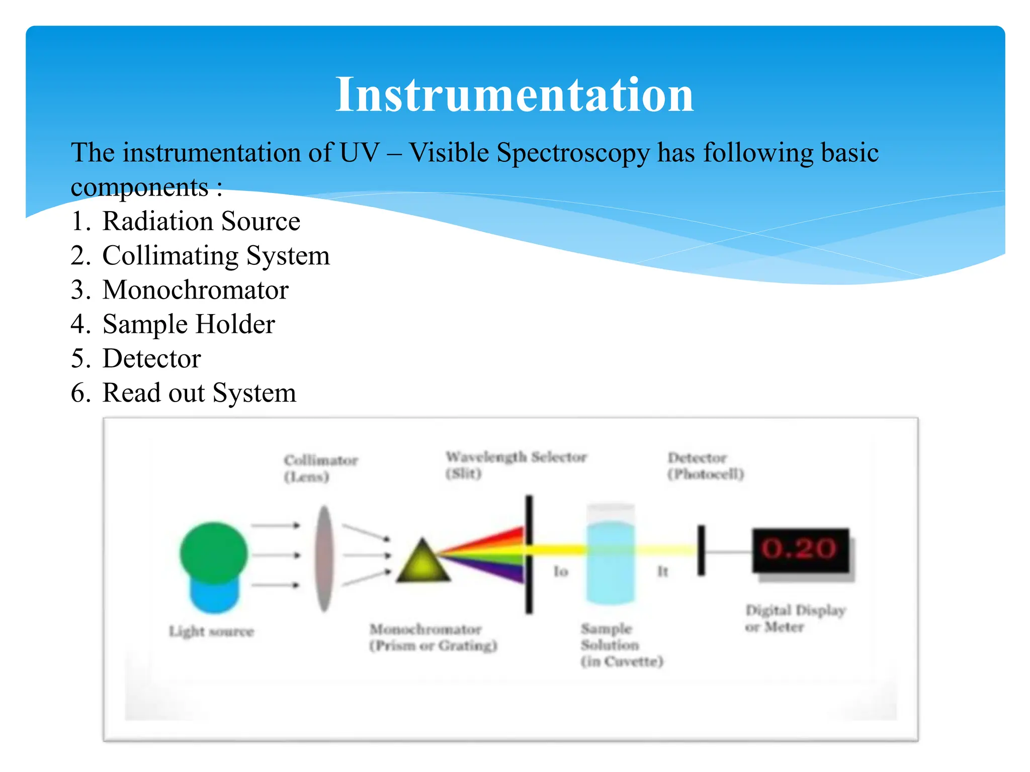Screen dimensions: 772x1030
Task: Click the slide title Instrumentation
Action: pyautogui.click(x=514, y=94)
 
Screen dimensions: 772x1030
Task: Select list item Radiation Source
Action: pyautogui.click(x=201, y=221)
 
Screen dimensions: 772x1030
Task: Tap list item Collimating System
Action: pyautogui.click(x=216, y=255)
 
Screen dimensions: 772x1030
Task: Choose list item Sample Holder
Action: pyautogui.click(x=189, y=324)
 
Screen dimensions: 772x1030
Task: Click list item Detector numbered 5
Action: pyautogui.click(x=151, y=358)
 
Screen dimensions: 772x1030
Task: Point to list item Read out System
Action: pyautogui.click(x=199, y=393)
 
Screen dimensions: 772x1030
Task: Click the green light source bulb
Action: pyautogui.click(x=214, y=553)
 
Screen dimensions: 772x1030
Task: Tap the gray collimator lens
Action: pyautogui.click(x=325, y=558)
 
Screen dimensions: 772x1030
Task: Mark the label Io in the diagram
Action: pyautogui.click(x=561, y=571)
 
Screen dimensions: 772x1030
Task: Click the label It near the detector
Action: pyautogui.click(x=663, y=571)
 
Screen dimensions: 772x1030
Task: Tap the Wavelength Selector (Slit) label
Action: pyautogui.click(x=516, y=465)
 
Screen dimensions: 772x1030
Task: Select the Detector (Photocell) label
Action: pyautogui.click(x=705, y=466)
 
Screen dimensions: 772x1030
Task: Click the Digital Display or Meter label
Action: pyautogui.click(x=795, y=619)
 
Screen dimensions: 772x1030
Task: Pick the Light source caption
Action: pyautogui.click(x=211, y=631)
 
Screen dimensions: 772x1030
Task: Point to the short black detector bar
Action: pyautogui.click(x=701, y=550)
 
